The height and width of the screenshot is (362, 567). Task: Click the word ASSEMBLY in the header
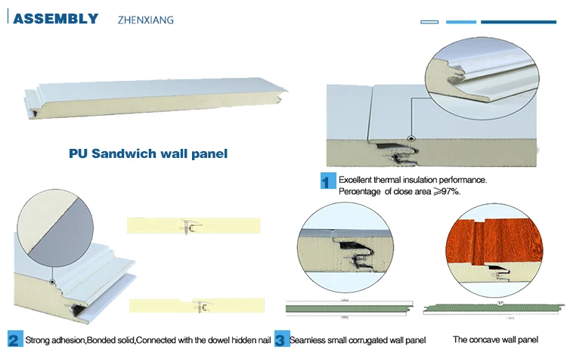pos(56,18)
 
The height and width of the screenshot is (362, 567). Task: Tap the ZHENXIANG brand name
pos(146,20)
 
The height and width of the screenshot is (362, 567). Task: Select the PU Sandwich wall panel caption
pos(148,153)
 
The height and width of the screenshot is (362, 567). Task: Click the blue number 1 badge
pos(328,181)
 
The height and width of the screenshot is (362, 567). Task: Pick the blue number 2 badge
pos(14,339)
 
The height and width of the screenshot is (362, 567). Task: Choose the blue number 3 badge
pos(281,339)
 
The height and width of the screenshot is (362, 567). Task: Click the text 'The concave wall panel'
pos(495,339)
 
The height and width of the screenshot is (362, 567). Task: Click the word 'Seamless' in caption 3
pos(308,340)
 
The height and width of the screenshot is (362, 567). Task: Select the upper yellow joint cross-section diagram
pos(194,226)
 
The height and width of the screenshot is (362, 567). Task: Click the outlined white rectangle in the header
pos(429,22)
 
